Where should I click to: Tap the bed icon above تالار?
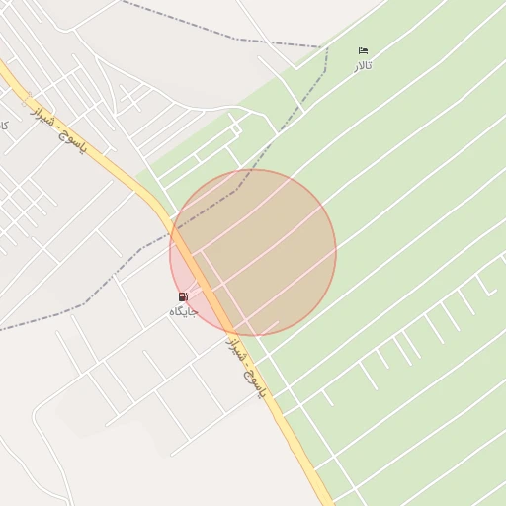point(364,51)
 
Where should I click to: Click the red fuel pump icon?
point(183,296)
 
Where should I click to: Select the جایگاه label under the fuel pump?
point(184,311)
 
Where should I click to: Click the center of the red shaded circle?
point(253,253)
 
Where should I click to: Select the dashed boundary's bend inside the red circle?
point(237,187)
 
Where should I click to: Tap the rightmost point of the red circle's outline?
point(336,253)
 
